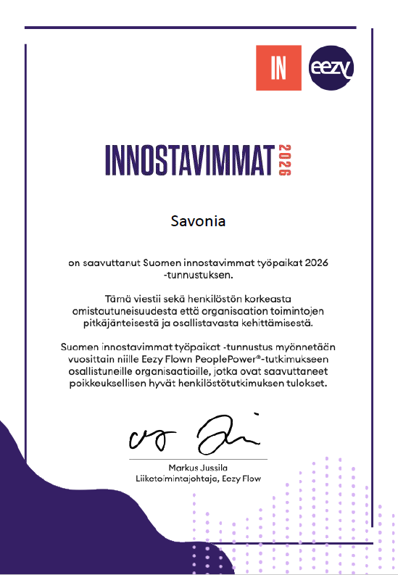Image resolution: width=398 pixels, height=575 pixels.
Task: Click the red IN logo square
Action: tap(279, 67)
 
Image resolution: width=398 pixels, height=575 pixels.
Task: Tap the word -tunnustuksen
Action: tap(198, 275)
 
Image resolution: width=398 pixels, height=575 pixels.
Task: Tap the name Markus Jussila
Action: tap(198, 468)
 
